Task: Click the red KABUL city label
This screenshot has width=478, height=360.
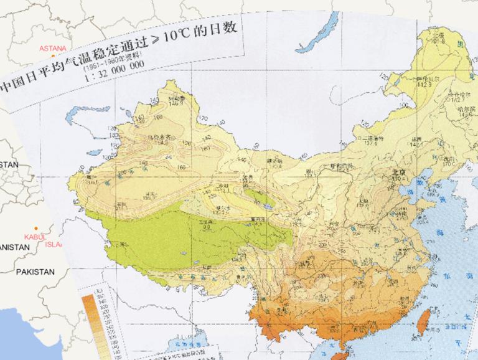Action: pyautogui.click(x=35, y=237)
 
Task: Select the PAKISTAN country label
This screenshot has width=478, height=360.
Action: pyautogui.click(x=35, y=272)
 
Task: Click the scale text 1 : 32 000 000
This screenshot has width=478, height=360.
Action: pyautogui.click(x=112, y=70)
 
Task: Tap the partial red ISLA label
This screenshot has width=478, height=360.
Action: pyautogui.click(x=55, y=245)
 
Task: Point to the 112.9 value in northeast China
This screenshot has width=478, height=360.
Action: pyautogui.click(x=425, y=84)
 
